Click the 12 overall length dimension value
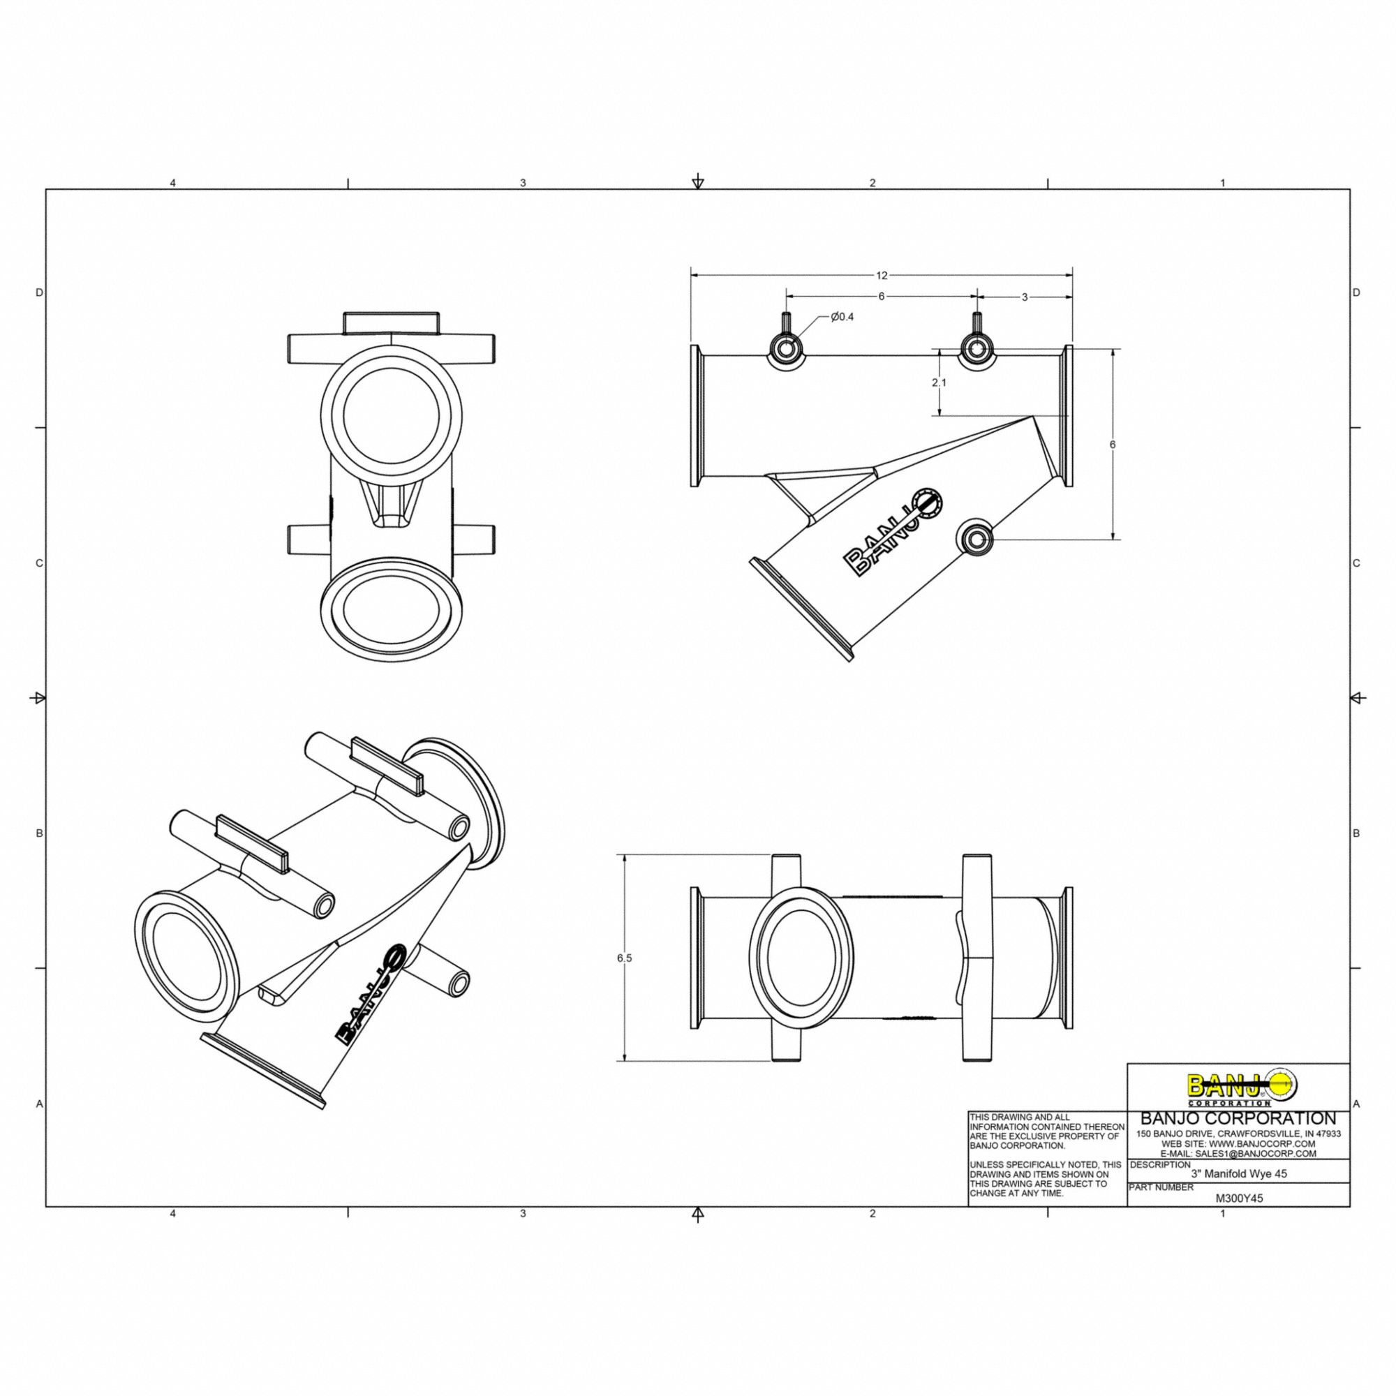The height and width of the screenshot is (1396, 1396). pos(882,275)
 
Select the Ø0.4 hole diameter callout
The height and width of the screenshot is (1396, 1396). pos(842,316)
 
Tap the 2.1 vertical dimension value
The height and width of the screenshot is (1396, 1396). pos(939,383)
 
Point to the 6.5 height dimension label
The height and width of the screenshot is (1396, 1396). pos(624,958)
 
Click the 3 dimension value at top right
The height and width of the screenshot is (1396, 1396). pos(1024,297)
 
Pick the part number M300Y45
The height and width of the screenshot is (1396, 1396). pos(1239,1198)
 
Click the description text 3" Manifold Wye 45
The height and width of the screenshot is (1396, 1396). pos(1238,1174)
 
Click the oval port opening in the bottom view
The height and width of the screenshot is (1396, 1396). pos(801,958)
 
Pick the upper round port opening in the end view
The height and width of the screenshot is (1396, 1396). pos(392,415)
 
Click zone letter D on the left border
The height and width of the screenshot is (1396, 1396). pos(40,292)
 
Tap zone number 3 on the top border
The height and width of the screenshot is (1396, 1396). pos(522,184)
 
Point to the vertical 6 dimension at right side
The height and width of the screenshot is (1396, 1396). pos(1113,445)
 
